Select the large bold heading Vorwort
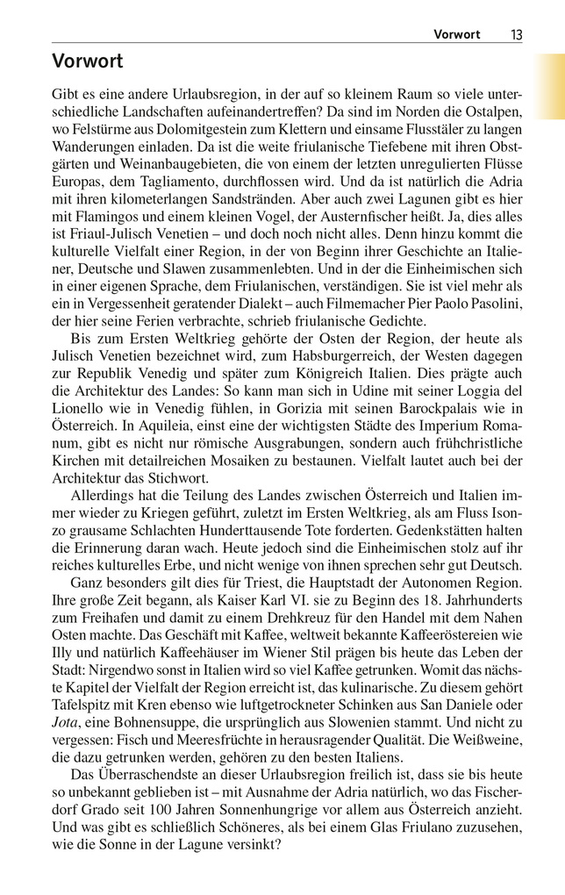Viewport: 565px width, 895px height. coord(87,61)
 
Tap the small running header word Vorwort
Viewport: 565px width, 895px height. coord(457,34)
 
